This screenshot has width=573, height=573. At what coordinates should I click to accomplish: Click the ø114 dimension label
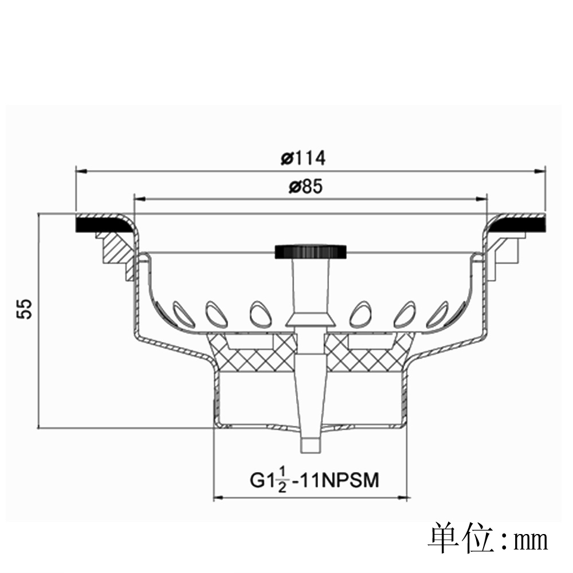coord(303,158)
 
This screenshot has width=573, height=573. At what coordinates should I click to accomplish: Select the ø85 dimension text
coord(306,187)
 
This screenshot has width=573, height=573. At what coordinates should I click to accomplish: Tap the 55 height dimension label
coord(25,309)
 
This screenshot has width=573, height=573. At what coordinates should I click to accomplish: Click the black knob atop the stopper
coord(311,252)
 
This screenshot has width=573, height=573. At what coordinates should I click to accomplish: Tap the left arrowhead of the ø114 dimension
coord(81,171)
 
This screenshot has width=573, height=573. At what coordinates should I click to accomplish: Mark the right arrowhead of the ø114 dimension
coord(540,171)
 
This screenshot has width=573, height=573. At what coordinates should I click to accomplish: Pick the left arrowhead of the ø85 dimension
coord(140,199)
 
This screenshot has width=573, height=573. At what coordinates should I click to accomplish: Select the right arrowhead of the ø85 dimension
coord(482,199)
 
